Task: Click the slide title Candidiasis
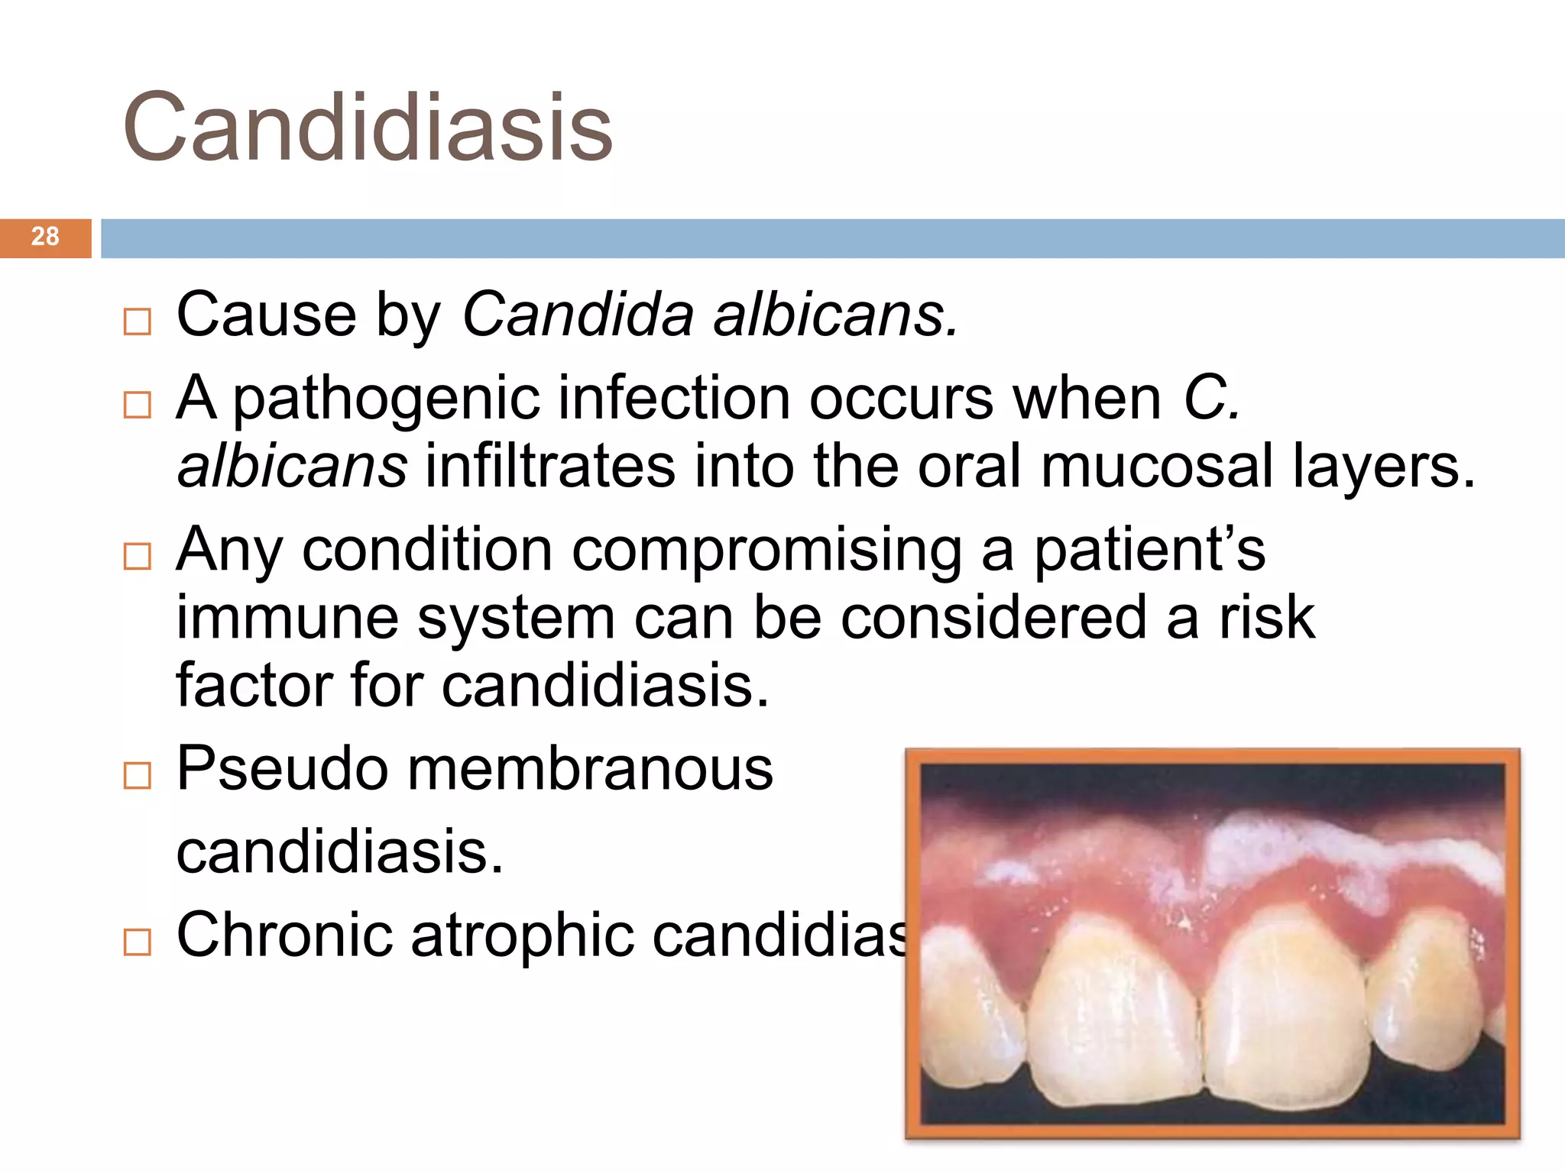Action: tap(368, 127)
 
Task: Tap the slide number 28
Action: tap(45, 237)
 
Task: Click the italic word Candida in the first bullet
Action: tap(578, 314)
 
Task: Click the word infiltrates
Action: tap(550, 467)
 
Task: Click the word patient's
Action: tap(1149, 551)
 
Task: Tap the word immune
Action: tap(287, 617)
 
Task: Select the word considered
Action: tap(993, 617)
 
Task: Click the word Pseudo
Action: tap(282, 768)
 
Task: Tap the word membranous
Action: tap(590, 768)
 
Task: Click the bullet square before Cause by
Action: tap(138, 322)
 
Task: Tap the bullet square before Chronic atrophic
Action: tap(138, 942)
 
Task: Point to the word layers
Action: tap(1383, 467)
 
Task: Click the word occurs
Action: tap(902, 399)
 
